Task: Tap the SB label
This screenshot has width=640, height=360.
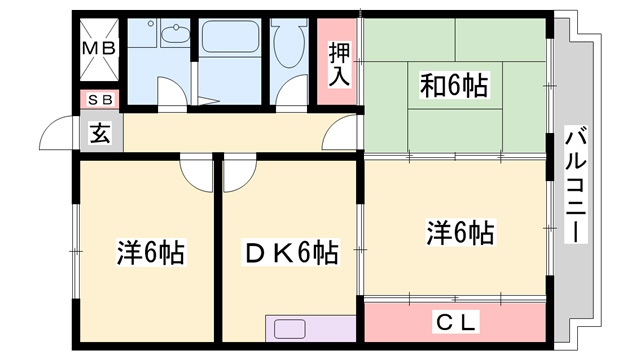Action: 99,100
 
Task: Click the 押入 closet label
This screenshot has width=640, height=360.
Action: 339,63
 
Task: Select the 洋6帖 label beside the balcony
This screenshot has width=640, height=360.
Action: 460,234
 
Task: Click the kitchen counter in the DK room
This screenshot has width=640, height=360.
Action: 309,329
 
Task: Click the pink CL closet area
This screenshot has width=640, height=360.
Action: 455,322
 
